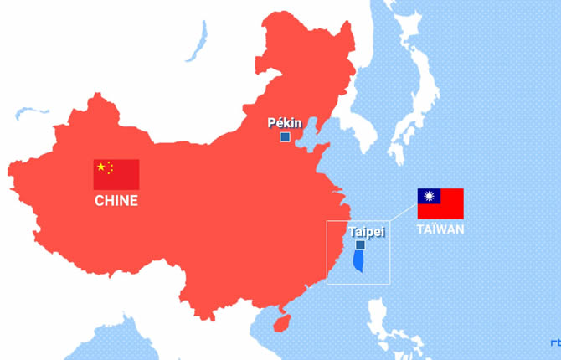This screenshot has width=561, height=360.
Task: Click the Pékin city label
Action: (285, 123)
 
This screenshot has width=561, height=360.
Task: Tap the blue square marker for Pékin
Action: (285, 136)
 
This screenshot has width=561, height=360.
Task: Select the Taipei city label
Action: (366, 232)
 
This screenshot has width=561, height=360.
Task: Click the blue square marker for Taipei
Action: (360, 245)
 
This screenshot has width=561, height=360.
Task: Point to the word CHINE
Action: (116, 201)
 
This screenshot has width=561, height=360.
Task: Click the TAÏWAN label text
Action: (440, 229)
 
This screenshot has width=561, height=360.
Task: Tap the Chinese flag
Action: (116, 174)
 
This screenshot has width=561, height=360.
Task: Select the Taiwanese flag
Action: (440, 203)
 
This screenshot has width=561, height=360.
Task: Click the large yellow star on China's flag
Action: (101, 167)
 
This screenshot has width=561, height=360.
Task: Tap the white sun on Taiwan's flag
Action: (430, 196)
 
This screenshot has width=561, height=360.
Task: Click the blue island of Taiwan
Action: (358, 260)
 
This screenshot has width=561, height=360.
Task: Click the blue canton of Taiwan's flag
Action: (430, 196)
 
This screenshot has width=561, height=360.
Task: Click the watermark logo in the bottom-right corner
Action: (555, 342)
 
